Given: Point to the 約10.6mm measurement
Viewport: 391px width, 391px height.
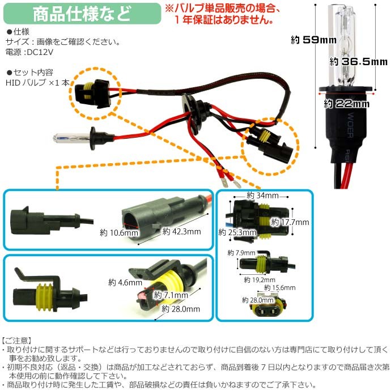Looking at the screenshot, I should (x=118, y=232).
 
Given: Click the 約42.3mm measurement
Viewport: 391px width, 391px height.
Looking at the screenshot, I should (x=181, y=231).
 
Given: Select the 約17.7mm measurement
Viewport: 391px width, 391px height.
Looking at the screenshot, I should (x=290, y=223).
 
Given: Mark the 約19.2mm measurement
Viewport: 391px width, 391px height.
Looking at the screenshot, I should (x=258, y=279).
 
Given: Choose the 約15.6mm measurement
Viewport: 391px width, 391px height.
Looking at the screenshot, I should (x=281, y=288).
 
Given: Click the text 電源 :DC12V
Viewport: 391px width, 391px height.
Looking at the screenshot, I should (x=28, y=52).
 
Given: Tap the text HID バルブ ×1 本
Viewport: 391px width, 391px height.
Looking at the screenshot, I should (x=37, y=82).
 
